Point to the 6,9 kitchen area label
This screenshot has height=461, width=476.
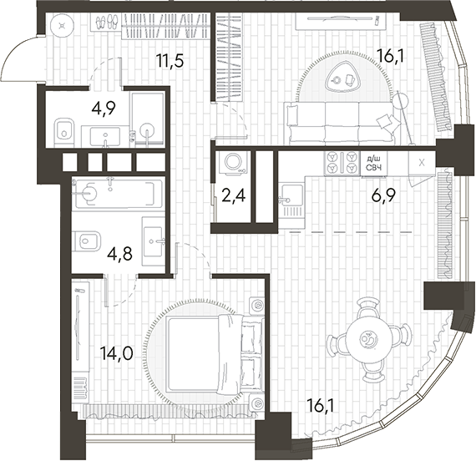tap(384, 199)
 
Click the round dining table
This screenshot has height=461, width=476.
tap(367, 338)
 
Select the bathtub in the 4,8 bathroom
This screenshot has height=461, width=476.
tap(117, 194)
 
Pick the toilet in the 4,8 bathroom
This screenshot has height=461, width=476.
tap(86, 242)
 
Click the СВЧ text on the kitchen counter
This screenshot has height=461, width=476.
tap(375, 169)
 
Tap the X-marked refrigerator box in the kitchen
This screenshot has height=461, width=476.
tap(422, 163)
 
